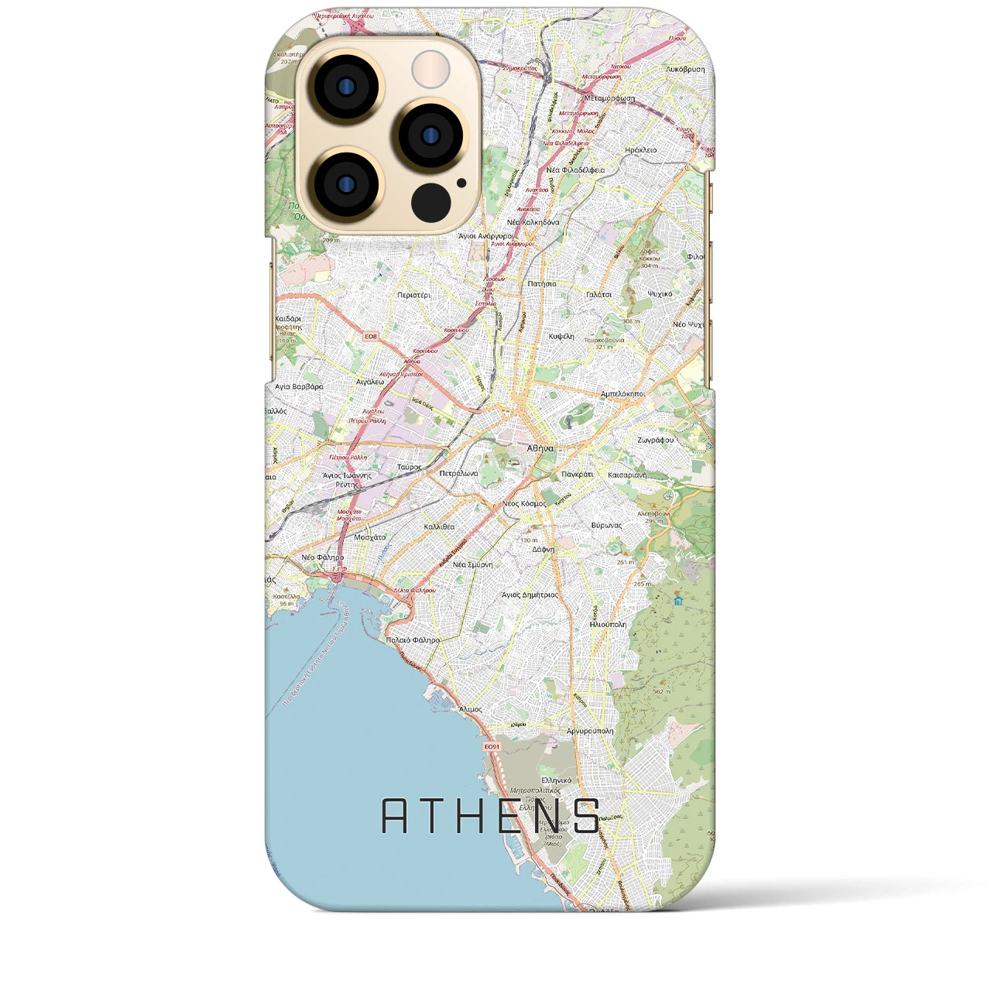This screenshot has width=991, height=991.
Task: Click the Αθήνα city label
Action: point(540,448)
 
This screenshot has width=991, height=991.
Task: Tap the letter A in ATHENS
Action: point(396,816)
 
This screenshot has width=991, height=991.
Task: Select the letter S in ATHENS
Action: point(588,816)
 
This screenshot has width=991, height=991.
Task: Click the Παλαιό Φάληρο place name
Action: point(412,640)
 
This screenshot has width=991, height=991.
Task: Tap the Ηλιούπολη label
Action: point(608,623)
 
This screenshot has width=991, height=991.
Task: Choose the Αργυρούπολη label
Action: point(590,730)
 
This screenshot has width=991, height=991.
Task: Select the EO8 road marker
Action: point(372,336)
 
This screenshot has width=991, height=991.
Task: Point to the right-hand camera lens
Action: point(430,136)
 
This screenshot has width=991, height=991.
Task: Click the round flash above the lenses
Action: point(430,69)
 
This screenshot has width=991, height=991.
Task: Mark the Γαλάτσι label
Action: point(598,294)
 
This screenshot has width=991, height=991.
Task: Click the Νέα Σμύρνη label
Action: point(472,564)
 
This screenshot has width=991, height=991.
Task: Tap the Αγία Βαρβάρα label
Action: point(299,386)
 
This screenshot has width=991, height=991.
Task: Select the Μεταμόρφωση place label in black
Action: point(609,98)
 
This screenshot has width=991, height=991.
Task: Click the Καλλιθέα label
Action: point(440,526)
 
